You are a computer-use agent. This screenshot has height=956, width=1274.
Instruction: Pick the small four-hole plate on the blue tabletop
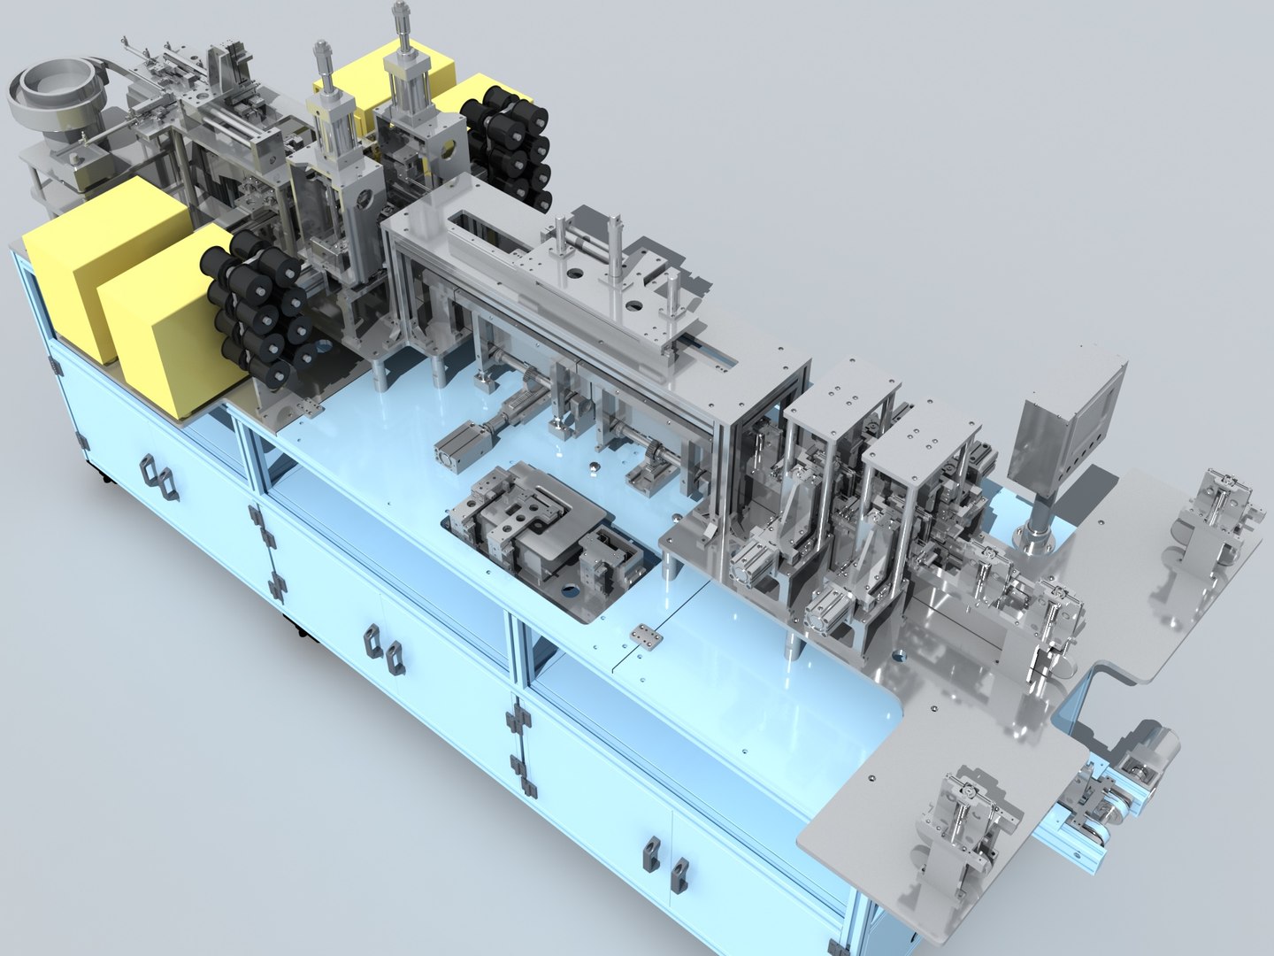644,636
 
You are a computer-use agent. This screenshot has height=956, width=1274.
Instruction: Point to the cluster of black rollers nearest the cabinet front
257,310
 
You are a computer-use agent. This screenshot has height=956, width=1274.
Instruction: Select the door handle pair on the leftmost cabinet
157,478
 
